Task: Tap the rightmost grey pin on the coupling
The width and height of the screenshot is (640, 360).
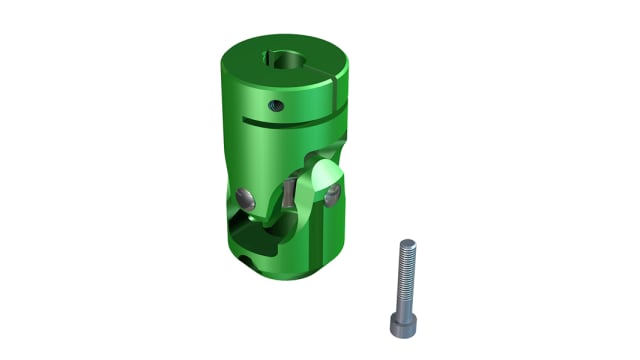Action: click(329, 193)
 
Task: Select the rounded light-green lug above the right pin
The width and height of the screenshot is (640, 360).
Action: click(325, 176)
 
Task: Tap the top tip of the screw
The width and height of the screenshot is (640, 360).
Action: click(407, 242)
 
